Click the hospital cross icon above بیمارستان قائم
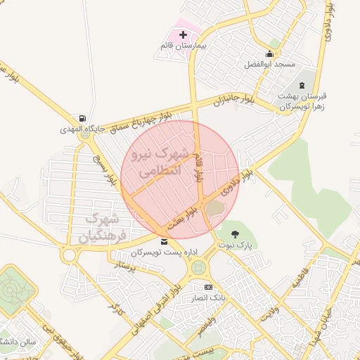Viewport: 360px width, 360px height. tap(184, 34)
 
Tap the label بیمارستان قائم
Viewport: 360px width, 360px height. tap(183, 46)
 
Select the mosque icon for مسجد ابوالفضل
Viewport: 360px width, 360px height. tap(269, 54)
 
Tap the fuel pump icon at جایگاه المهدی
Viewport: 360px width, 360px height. tap(84, 118)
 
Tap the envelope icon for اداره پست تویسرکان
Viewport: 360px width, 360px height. tap(164, 242)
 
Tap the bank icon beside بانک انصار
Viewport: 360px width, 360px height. tap(207, 288)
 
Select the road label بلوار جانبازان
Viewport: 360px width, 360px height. tap(233, 100)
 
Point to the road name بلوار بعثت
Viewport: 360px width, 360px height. tap(180, 219)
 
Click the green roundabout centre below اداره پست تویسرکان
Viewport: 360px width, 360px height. tap(199, 267)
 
